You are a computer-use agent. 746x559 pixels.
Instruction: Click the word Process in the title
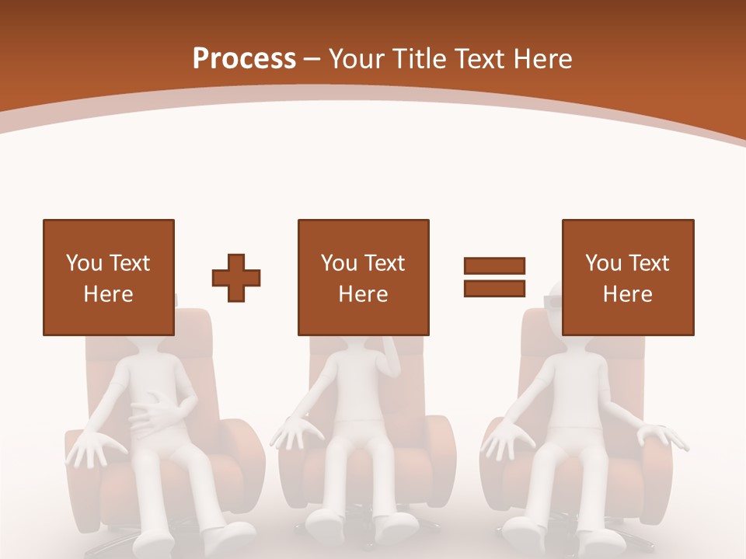[244, 58]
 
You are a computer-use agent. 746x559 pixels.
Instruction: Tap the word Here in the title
[542, 58]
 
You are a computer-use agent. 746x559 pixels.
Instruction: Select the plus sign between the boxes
[236, 277]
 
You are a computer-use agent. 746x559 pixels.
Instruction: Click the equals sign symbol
[494, 277]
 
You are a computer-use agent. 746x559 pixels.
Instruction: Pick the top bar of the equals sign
[494, 266]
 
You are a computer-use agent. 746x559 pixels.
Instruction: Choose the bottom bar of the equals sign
[494, 288]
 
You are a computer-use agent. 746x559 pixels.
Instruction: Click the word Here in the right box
[628, 294]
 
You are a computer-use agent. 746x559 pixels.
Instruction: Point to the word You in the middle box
[339, 263]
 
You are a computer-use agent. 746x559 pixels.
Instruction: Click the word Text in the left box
[130, 263]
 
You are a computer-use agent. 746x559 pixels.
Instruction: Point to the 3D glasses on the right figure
[553, 300]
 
